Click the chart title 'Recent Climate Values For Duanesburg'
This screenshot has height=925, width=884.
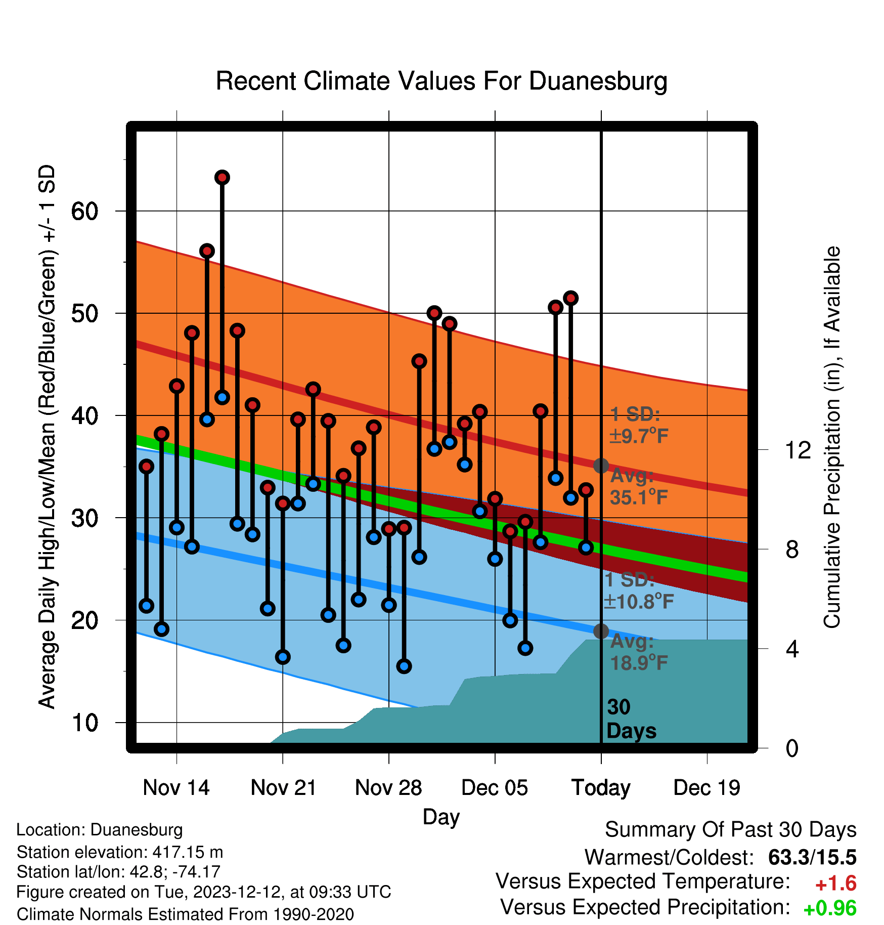tap(441, 81)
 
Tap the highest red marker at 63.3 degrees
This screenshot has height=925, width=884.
tap(222, 178)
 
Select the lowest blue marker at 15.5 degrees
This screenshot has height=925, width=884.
tap(404, 666)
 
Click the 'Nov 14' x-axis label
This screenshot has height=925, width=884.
tap(176, 788)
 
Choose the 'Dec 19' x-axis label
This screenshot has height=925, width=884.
tap(707, 788)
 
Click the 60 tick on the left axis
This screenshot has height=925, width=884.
tap(84, 211)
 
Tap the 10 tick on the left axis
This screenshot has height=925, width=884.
tap(84, 723)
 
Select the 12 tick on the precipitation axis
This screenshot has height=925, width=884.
tap(798, 450)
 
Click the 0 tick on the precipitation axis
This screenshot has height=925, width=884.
tap(792, 748)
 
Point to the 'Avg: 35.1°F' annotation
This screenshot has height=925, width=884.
tap(639, 487)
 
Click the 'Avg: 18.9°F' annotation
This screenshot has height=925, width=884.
tap(639, 652)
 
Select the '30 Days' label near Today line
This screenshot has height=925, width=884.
tap(631, 719)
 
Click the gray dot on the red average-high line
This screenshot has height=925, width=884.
tap(601, 466)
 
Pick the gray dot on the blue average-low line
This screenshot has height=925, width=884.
tap(601, 631)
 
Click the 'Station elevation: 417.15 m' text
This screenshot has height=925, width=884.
tap(120, 852)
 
